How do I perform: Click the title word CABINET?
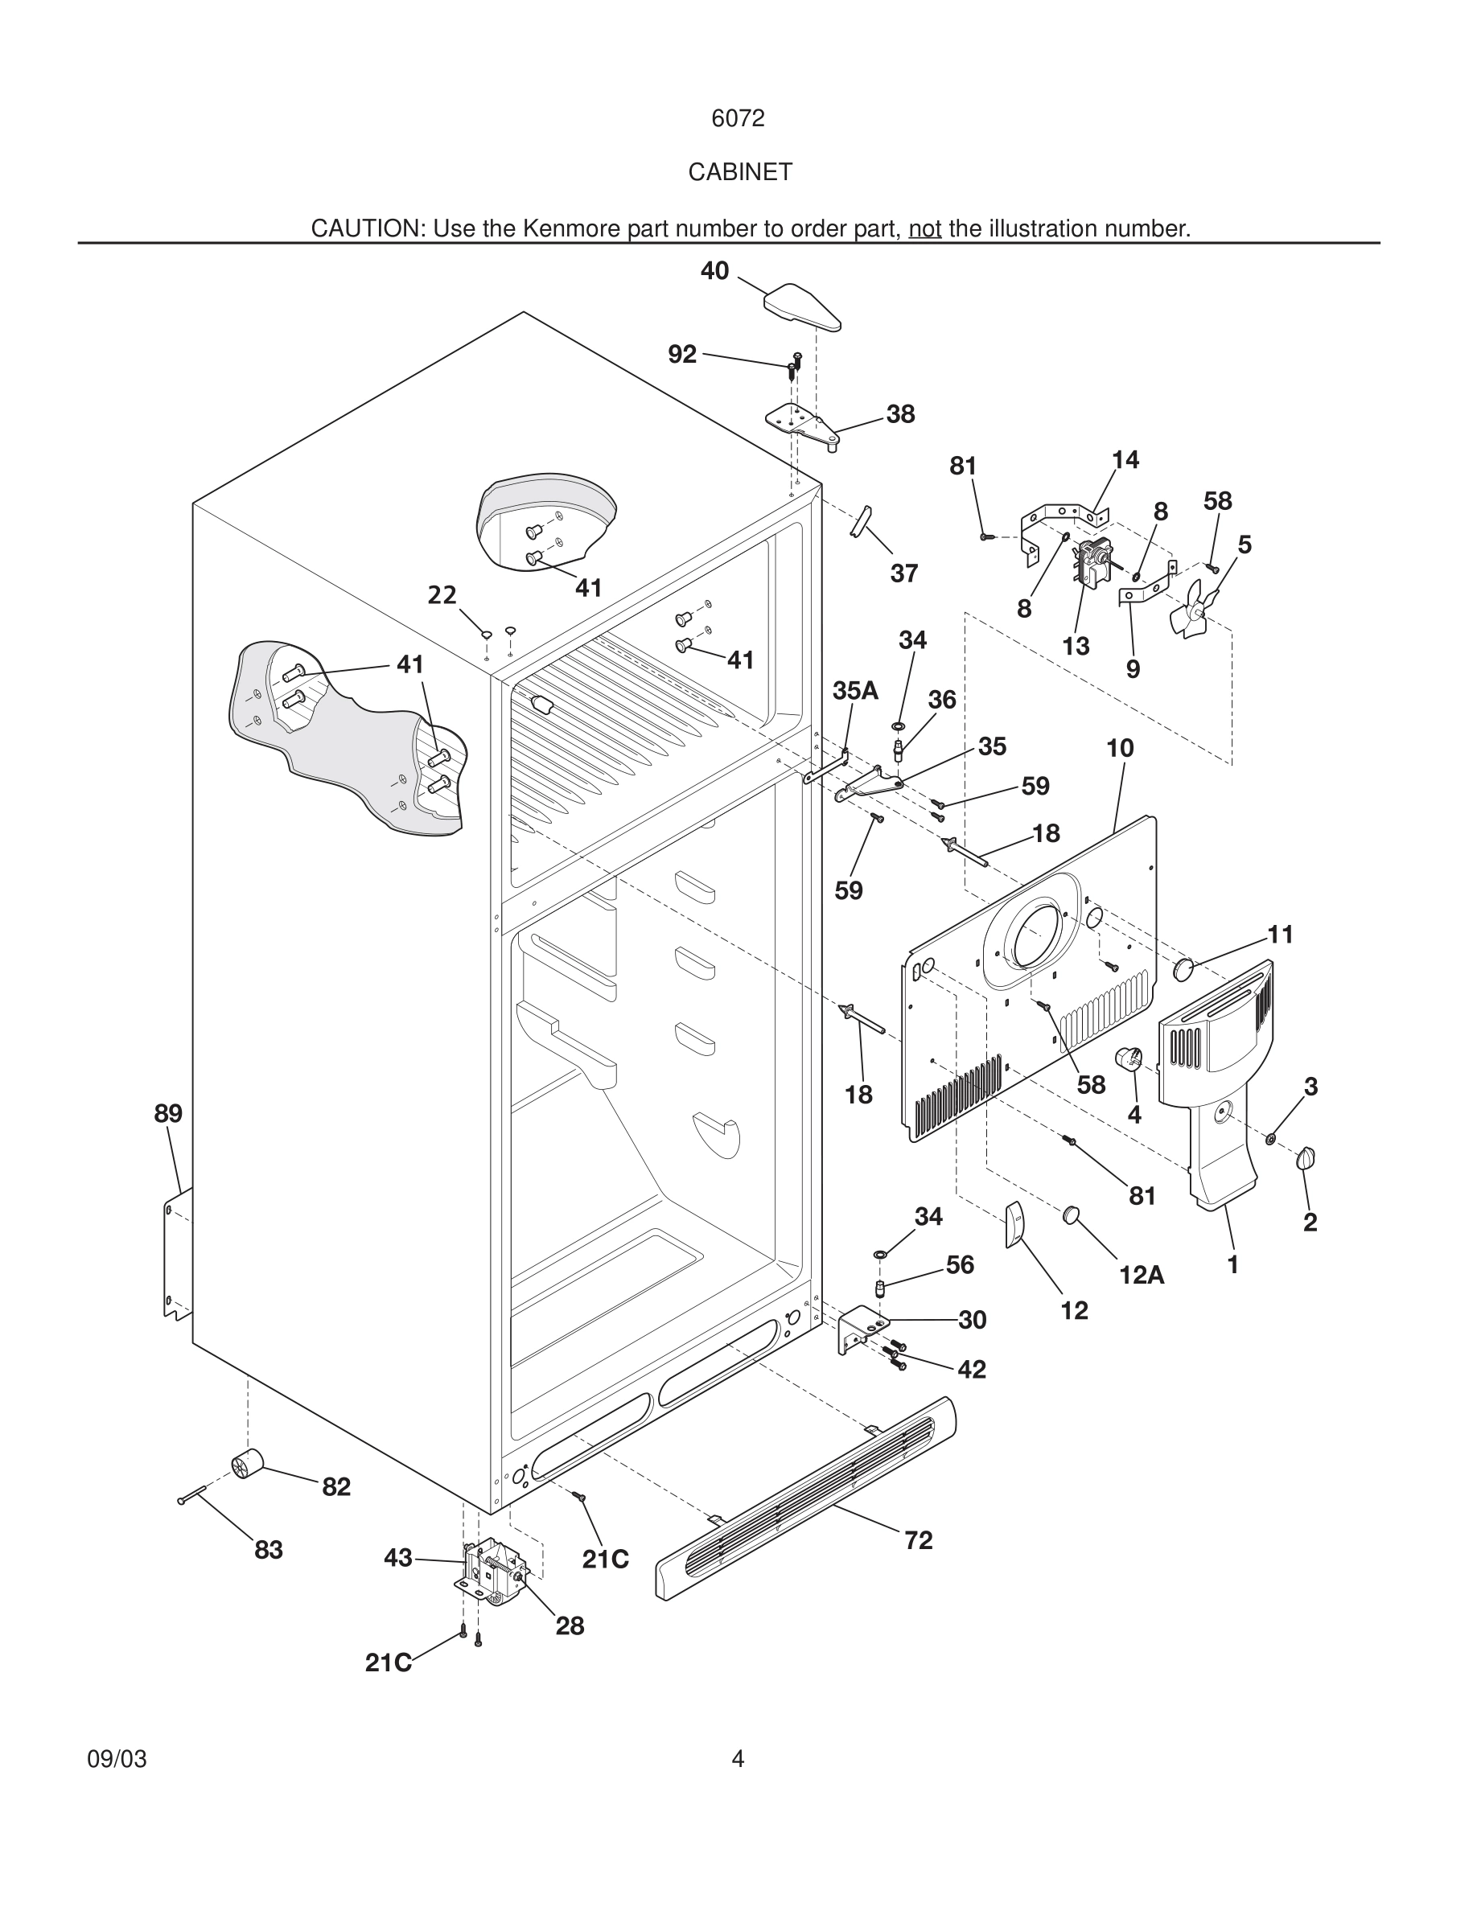coord(739,172)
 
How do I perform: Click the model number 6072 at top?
coord(738,119)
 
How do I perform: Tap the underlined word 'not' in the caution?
coord(925,229)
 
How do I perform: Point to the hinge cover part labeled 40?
coord(801,306)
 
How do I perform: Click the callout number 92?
coord(681,355)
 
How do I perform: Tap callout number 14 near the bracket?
coord(1125,459)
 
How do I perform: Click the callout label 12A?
coord(1141,1276)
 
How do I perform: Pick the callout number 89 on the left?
coord(168,1114)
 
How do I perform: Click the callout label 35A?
coord(855,690)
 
